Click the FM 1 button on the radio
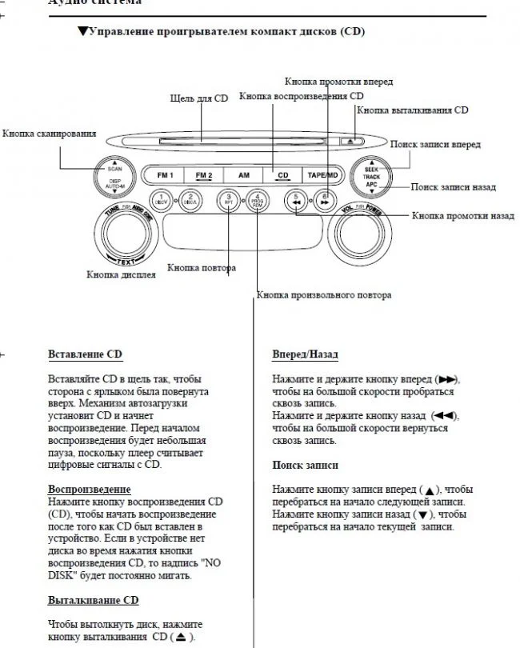coord(166,174)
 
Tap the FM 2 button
coord(203,174)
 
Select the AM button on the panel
coord(242,174)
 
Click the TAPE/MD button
coord(320,174)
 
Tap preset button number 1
coord(160,199)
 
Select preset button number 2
coord(190,199)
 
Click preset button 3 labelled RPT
coord(228,199)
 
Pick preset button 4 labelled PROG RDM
coord(258,199)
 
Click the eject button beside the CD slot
coord(353,142)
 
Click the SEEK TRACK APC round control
coord(371,178)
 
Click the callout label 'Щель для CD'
coord(199,98)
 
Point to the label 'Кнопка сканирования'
coord(50,133)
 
